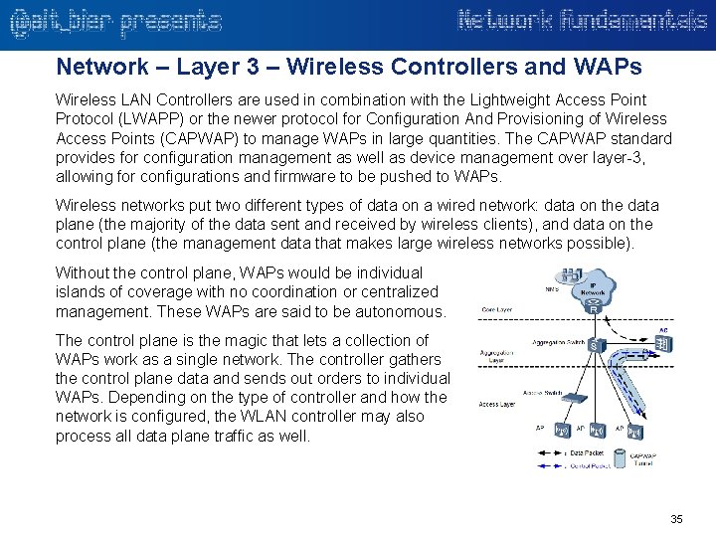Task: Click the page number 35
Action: [677, 519]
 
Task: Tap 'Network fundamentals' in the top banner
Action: [583, 20]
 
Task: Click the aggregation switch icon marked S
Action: [594, 345]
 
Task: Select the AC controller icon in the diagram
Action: [661, 344]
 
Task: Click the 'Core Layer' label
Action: [498, 309]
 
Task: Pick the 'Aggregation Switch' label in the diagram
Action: [558, 341]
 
